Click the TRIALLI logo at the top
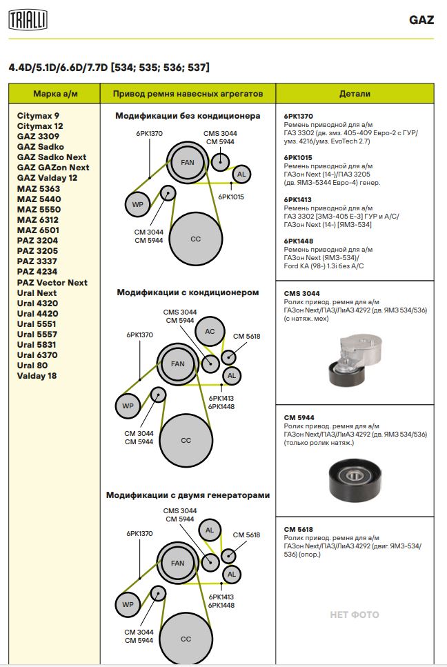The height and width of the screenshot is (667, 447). pos(28,21)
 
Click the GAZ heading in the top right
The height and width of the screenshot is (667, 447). pos(421,20)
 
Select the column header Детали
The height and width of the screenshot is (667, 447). pos(355,93)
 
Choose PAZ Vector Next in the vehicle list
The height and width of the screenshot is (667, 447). pos(52,282)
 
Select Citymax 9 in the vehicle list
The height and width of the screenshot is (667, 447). pos(39,115)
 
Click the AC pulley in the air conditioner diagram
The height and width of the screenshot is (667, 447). pos(210,332)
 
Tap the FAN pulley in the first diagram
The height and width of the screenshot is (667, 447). pos(187,162)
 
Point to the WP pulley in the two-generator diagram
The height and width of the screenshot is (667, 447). pos(128,604)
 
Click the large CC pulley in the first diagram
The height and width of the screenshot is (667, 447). pos(195,239)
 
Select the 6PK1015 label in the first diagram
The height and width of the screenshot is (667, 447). pos(231,197)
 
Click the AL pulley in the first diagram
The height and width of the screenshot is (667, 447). pos(241,175)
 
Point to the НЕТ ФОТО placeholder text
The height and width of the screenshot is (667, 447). pos(355,615)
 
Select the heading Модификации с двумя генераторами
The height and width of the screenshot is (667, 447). pos(188,495)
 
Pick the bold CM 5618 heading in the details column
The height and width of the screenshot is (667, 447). pos(298,529)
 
